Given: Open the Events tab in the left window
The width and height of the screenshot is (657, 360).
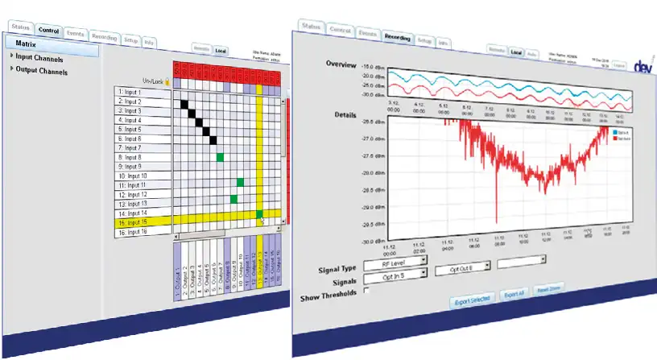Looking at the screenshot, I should [76, 34].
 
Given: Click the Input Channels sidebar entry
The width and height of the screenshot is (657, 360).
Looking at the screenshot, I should [39, 58].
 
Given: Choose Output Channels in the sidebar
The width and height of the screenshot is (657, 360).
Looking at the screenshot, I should [41, 70].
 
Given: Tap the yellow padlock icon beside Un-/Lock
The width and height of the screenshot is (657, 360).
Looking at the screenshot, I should [167, 81].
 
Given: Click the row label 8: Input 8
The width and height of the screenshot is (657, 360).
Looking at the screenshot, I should [142, 157].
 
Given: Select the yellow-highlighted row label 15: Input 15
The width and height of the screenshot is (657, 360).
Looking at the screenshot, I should [142, 222].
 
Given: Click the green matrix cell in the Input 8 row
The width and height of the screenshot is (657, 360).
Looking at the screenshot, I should [220, 156].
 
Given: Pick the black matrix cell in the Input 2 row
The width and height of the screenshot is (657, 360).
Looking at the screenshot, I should [183, 102].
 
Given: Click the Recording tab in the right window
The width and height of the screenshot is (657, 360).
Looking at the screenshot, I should [398, 37].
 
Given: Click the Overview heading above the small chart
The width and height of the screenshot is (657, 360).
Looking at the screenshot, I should [341, 63].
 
